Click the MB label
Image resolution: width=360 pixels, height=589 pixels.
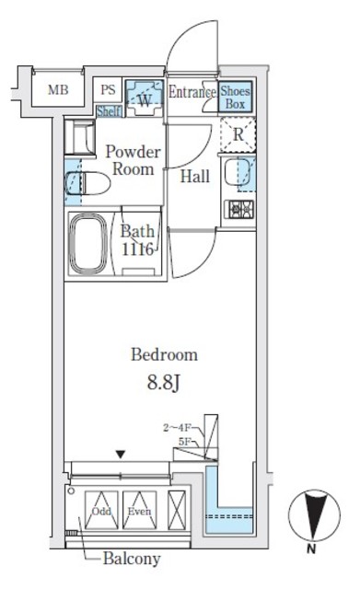(x=57, y=90)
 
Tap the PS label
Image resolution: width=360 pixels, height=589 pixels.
(x=109, y=90)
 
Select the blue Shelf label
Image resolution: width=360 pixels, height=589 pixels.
(x=109, y=111)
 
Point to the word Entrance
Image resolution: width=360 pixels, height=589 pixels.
(x=192, y=91)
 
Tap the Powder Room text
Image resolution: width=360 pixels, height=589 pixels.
(x=133, y=160)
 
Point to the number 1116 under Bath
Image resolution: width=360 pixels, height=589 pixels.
(x=135, y=248)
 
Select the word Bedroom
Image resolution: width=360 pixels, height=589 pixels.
(x=163, y=354)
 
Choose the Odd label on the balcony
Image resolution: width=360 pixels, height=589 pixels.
(x=101, y=512)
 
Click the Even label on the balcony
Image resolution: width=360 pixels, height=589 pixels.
(x=138, y=512)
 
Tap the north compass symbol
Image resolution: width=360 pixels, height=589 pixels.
(x=310, y=516)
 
